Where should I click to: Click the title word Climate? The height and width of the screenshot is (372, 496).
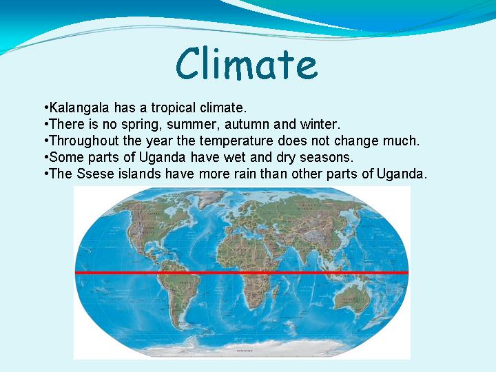point(247,63)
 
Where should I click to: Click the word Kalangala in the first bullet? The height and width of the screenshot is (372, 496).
point(79,108)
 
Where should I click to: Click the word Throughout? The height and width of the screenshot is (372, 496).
point(84,141)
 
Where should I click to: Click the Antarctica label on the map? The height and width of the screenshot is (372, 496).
point(245,351)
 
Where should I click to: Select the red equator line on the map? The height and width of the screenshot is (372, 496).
point(242,273)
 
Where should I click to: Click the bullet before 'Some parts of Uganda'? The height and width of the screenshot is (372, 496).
point(47,157)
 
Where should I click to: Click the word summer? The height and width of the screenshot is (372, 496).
point(193,125)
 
